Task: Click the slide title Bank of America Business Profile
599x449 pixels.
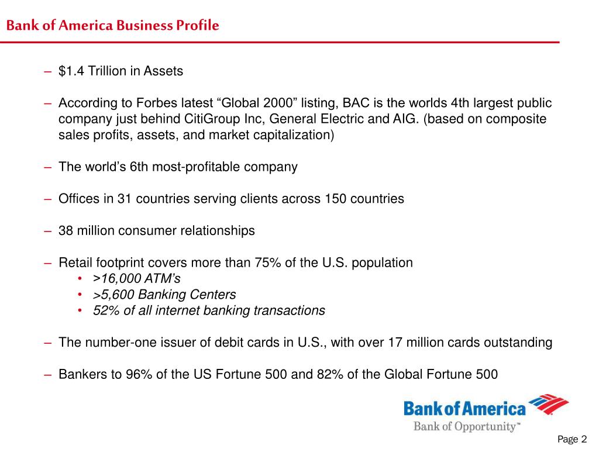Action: [112, 26]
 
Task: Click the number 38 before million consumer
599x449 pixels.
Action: [66, 230]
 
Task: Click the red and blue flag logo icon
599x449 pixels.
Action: [549, 405]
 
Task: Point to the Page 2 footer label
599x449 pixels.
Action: [572, 439]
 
